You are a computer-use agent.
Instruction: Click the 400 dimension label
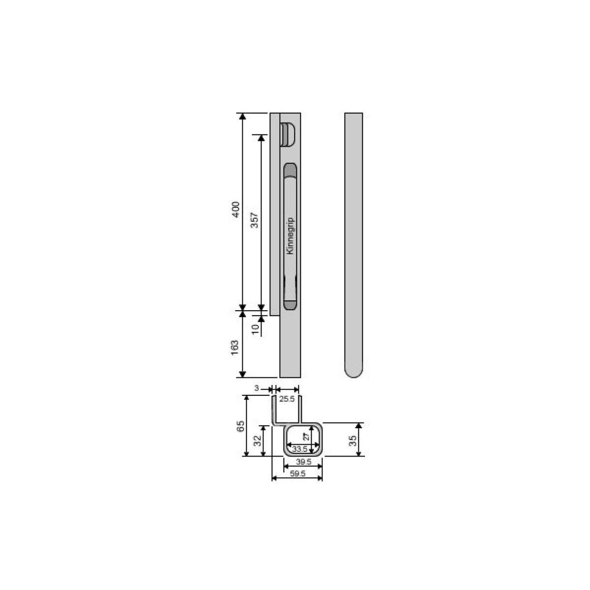235,209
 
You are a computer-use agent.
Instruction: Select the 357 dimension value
254,220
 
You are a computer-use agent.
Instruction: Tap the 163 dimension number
235,348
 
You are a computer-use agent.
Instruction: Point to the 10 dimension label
255,329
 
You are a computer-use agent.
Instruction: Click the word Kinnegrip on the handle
290,236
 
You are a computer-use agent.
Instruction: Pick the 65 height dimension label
241,426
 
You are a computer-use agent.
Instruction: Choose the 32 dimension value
258,440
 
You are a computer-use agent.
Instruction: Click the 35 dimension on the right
353,441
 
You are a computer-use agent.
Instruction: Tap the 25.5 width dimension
287,399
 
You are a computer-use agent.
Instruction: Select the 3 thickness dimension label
257,388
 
